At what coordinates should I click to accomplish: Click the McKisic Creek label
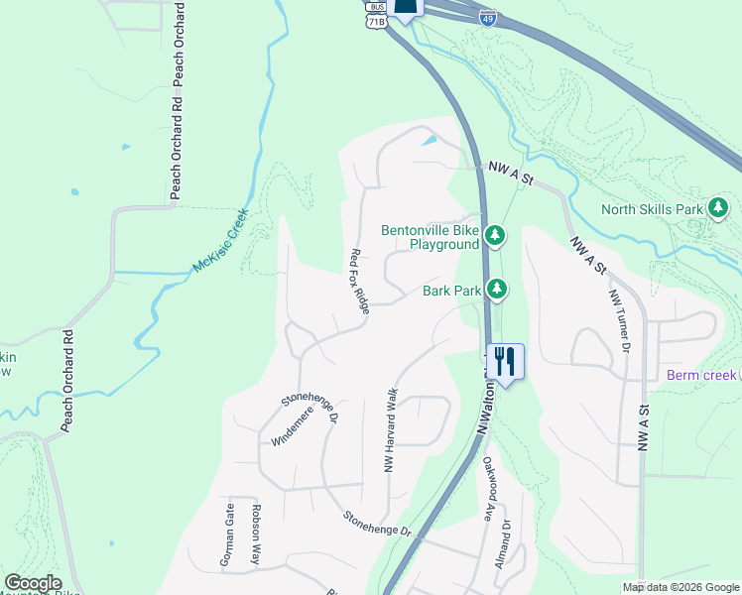point(219,242)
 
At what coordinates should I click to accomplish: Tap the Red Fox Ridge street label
point(359,283)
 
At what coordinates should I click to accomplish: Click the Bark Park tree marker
point(496,291)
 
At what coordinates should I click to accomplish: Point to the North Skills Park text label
point(652,209)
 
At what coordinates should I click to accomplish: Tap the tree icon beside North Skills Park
point(718,208)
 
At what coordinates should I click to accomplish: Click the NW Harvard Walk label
point(392,428)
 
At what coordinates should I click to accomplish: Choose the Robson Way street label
point(256,535)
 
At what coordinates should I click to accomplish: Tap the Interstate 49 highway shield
point(487,17)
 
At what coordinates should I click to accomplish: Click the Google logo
point(33,583)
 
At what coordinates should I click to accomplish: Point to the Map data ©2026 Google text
point(680,587)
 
